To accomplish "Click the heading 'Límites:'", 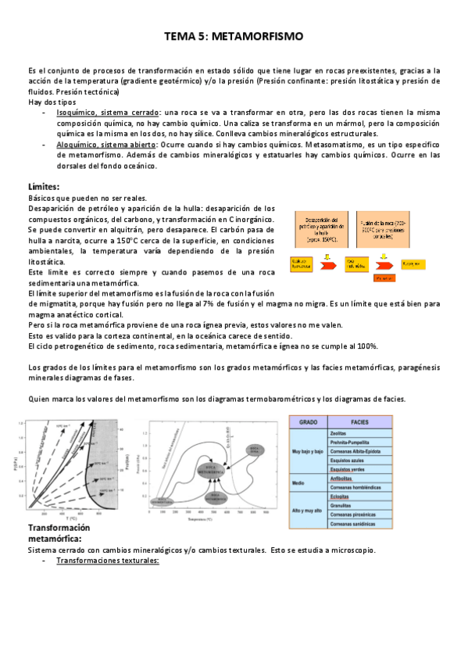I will coord(44,188).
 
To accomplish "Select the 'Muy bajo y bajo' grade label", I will coord(308,451).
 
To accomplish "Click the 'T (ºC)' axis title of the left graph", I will coord(71,518).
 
